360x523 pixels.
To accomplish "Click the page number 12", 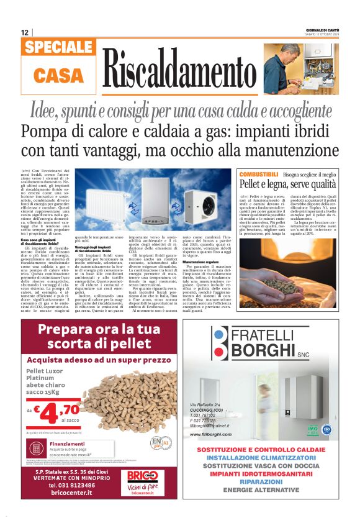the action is coord(24,32).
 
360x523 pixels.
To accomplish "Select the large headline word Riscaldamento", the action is coord(179,68).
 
